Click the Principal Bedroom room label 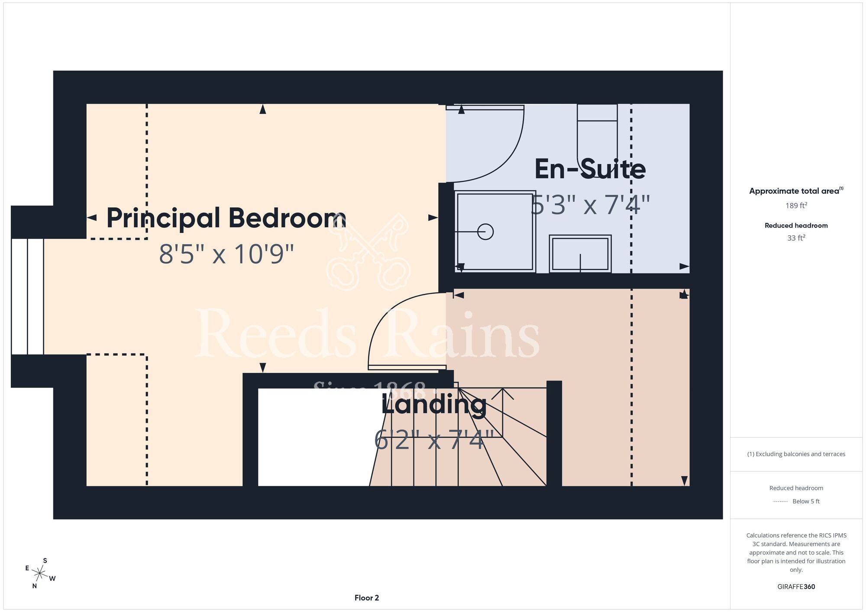point(226,218)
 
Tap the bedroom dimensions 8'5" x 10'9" point(226,254)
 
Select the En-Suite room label point(590,169)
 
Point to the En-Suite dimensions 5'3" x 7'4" point(590,205)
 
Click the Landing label point(434,405)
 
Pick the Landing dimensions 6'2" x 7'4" point(434,440)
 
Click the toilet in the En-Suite point(597,134)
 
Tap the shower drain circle point(485,232)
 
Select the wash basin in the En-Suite point(580,254)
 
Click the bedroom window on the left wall point(27,296)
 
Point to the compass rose point(40,573)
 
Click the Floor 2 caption point(367,598)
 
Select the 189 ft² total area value point(796,206)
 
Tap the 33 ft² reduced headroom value point(796,238)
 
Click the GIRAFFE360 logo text point(796,587)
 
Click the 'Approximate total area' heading point(796,191)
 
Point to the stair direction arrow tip point(503,389)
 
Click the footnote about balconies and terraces point(796,454)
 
